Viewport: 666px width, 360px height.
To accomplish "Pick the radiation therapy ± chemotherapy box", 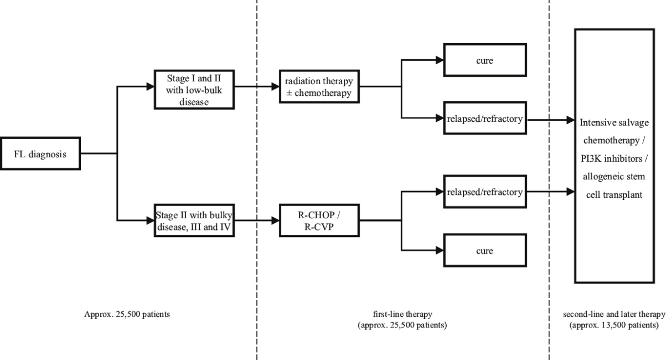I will (x=318, y=86).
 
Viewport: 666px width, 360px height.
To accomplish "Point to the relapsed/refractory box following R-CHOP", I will (x=481, y=192).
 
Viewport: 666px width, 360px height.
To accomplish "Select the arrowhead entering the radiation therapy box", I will (x=275, y=86).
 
